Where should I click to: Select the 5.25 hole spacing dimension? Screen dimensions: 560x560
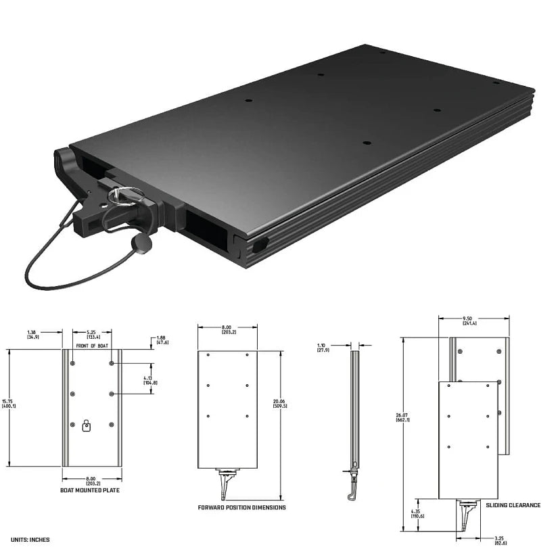(93, 334)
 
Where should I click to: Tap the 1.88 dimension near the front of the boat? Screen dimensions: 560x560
(161, 340)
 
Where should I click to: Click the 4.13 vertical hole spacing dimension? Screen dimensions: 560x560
(151, 379)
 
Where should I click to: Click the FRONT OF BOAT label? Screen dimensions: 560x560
(93, 346)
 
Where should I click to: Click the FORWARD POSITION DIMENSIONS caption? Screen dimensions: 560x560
(241, 507)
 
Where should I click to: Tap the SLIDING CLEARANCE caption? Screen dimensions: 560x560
(513, 505)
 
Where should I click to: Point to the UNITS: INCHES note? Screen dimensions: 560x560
(30, 540)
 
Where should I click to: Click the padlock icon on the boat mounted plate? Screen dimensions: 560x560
(86, 425)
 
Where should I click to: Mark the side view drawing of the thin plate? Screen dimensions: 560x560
(353, 419)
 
